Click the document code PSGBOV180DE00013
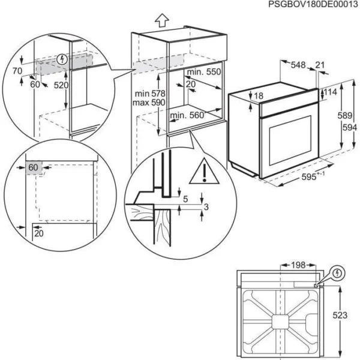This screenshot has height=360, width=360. [307, 5]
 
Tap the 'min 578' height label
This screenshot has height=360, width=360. [149, 94]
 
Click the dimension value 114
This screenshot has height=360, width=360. [331, 92]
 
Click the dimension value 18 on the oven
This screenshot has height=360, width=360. [259, 97]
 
